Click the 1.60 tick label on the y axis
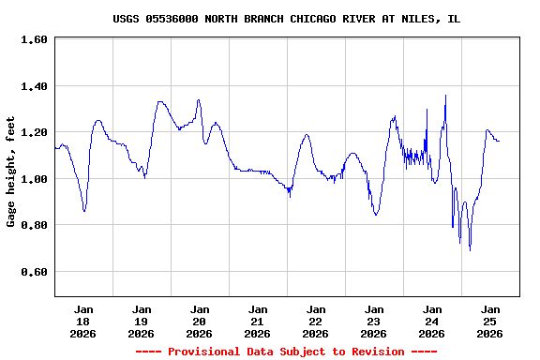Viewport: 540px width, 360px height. (x=34, y=40)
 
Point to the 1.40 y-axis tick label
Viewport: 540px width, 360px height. (x=34, y=86)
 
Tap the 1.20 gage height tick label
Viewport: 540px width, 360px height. (x=34, y=132)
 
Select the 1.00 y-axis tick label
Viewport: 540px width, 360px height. (x=34, y=179)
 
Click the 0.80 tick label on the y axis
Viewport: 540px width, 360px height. (x=34, y=225)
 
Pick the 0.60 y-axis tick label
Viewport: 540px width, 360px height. (x=34, y=272)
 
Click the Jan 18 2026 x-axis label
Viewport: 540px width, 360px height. (x=83, y=321)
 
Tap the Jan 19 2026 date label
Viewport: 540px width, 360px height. (x=142, y=321)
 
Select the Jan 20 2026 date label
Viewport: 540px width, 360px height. (x=200, y=321)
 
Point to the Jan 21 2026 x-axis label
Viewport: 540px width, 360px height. (x=258, y=321)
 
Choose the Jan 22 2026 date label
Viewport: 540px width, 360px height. (x=316, y=321)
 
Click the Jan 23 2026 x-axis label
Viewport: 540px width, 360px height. (x=374, y=321)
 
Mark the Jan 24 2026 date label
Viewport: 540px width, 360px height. (x=432, y=321)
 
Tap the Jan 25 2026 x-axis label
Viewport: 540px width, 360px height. (x=489, y=321)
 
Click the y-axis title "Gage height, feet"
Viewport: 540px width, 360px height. (x=11, y=172)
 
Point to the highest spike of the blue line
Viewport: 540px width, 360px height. (x=445, y=95)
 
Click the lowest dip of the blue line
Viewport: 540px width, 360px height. (x=470, y=250)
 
